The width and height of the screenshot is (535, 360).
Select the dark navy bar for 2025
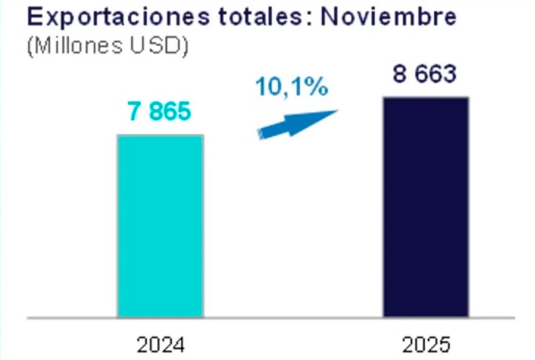[426, 207]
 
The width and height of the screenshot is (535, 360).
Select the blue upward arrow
[297, 123]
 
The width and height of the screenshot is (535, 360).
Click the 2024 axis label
[160, 343]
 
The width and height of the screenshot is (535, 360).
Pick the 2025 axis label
[426, 343]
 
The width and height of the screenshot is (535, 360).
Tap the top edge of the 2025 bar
[426, 98]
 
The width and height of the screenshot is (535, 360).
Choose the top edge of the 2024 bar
[160, 136]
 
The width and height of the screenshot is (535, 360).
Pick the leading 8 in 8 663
[400, 74]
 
